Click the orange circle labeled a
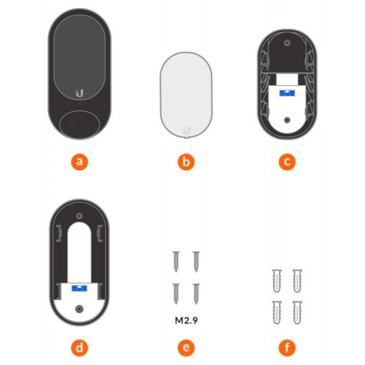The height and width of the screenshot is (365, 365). click(x=80, y=162)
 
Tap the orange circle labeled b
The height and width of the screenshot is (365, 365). click(x=186, y=162)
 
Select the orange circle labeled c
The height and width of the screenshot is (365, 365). click(x=287, y=162)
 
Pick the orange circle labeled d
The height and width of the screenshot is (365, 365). click(x=80, y=348)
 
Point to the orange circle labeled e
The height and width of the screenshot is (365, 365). click(x=186, y=348)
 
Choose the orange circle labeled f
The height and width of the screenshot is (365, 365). click(x=287, y=348)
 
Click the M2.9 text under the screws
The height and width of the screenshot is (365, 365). click(x=187, y=320)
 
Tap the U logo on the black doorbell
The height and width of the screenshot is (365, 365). click(x=79, y=93)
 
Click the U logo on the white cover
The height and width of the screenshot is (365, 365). click(x=187, y=130)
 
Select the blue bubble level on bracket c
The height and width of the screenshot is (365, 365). click(x=287, y=93)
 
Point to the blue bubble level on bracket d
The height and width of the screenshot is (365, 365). click(x=79, y=288)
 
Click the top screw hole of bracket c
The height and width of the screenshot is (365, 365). click(x=287, y=43)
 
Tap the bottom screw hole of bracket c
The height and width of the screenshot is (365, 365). click(x=287, y=120)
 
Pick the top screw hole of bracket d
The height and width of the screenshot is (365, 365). click(x=79, y=216)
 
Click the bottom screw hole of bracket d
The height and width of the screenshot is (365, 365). click(x=79, y=309)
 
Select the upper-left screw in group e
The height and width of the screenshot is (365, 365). click(x=176, y=262)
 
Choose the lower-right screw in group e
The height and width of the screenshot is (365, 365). click(x=196, y=294)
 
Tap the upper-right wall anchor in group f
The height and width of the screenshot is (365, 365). click(x=297, y=281)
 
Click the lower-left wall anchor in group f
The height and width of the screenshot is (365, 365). click(x=276, y=313)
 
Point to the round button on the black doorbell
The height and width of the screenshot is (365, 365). click(x=80, y=125)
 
